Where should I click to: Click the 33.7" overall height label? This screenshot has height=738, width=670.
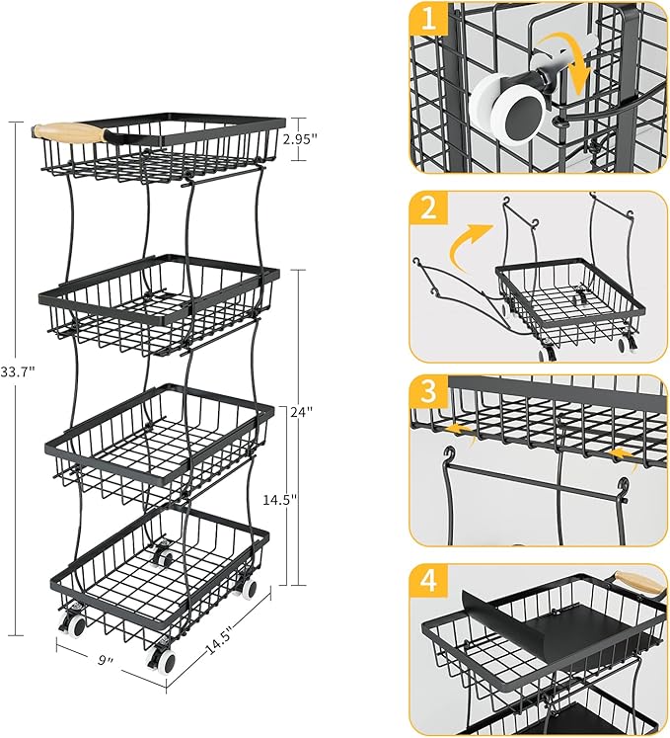point(19,371)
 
